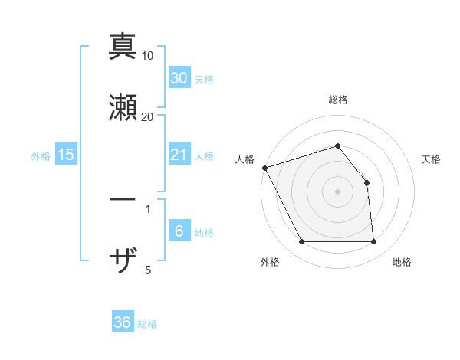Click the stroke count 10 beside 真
(148, 56)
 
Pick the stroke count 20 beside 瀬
(148, 116)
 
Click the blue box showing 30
(179, 78)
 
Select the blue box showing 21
(179, 155)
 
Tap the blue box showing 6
(179, 232)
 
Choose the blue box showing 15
(66, 155)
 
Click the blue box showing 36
(123, 323)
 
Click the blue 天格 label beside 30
(204, 80)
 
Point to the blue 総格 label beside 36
(147, 325)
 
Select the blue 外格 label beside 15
(41, 156)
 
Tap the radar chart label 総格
(338, 100)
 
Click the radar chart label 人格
(245, 159)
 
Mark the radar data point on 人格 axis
(264, 168)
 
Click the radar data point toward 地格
(374, 242)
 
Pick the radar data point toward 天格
(366, 182)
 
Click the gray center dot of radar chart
(337, 191)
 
